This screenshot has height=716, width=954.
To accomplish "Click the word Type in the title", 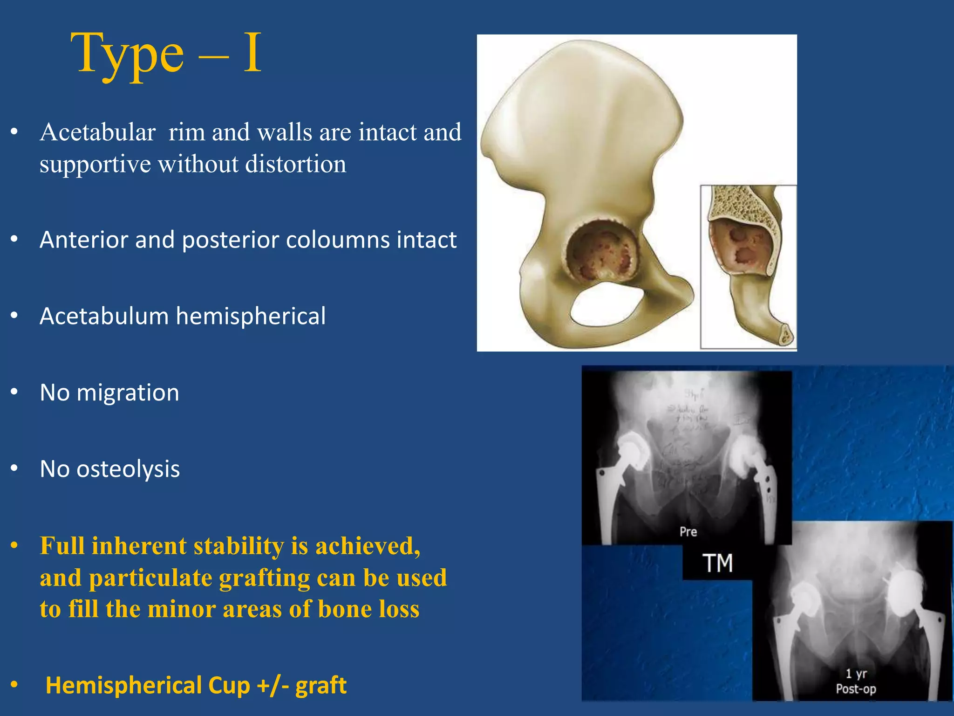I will (x=127, y=55).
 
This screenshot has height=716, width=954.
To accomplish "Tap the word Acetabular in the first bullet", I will (x=98, y=132).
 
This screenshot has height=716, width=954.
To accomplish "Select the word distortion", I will (x=296, y=164).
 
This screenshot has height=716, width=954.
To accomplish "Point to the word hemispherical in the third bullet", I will (x=251, y=317).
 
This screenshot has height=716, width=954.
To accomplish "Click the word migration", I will (x=128, y=393).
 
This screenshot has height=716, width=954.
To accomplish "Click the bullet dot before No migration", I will (x=14, y=392).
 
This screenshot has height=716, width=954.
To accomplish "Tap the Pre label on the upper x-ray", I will (x=688, y=531).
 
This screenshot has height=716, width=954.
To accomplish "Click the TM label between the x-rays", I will (x=717, y=563).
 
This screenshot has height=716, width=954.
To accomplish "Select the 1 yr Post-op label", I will (x=856, y=681).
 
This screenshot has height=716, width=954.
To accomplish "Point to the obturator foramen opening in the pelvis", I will (x=606, y=305).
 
